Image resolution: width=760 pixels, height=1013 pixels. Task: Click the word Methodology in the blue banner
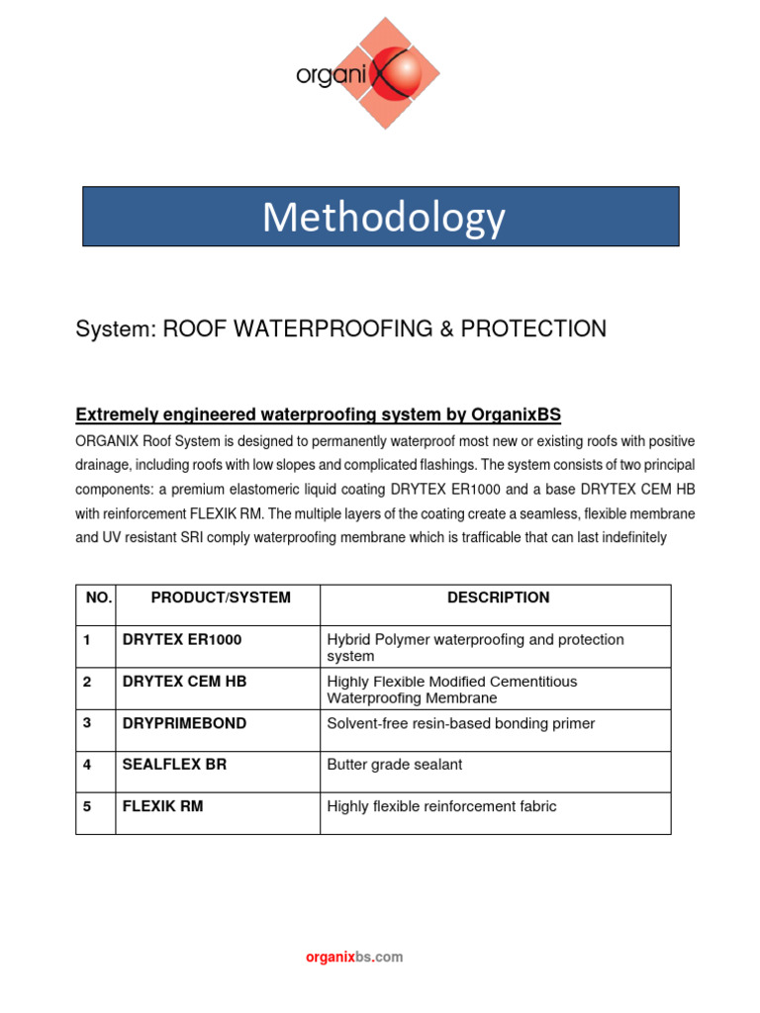coord(382,217)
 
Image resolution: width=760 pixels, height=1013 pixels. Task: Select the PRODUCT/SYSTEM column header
coord(221,598)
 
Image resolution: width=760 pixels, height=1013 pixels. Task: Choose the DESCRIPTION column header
coord(498,598)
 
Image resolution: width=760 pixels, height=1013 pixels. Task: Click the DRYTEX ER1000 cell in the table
coord(182,640)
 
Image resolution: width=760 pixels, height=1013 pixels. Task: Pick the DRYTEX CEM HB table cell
coord(185,682)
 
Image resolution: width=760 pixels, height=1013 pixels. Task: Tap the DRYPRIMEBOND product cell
coord(185,723)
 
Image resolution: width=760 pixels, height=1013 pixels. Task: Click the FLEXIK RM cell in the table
coord(163,806)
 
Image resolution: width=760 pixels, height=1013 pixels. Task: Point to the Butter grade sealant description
coord(394,765)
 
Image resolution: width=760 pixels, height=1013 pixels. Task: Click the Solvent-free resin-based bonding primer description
coord(461,723)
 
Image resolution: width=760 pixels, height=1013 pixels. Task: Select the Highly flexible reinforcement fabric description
coord(441,806)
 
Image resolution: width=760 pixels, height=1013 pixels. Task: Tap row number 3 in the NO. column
coord(87,723)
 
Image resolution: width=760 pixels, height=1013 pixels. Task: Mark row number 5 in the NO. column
coord(87,806)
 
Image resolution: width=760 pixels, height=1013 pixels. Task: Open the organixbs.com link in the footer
coord(354,957)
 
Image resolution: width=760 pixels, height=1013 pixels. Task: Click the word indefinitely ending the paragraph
coord(627,538)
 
